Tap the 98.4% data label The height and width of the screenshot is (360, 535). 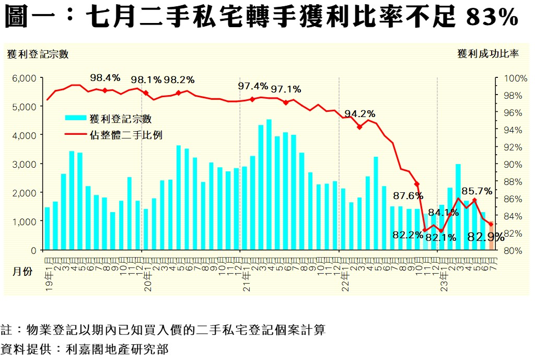pyautogui.click(x=105, y=78)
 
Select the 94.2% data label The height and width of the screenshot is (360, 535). pyautogui.click(x=359, y=114)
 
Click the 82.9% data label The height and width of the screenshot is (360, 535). pyautogui.click(x=485, y=237)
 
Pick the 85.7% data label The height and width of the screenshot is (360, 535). pyautogui.click(x=476, y=191)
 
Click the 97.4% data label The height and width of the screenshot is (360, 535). pyautogui.click(x=253, y=86)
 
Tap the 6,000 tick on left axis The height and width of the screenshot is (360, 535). pyautogui.click(x=24, y=78)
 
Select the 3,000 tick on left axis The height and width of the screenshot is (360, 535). pyautogui.click(x=24, y=164)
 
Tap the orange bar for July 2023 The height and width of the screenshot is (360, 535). pyautogui.click(x=491, y=238)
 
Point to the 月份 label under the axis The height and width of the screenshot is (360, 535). pyautogui.click(x=22, y=272)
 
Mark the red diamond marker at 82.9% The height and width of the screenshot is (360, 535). pyautogui.click(x=491, y=224)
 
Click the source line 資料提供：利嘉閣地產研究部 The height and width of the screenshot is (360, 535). pyautogui.click(x=85, y=349)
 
